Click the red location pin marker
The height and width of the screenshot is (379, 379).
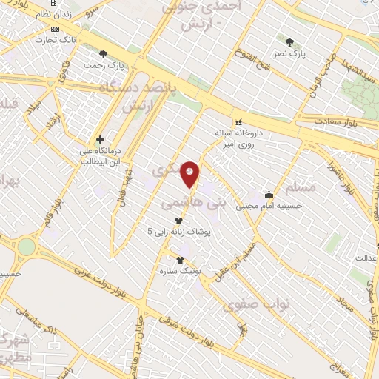click(x=190, y=174)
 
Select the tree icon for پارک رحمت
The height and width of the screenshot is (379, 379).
click(x=103, y=53)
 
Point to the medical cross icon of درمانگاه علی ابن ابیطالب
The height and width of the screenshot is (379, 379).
click(x=100, y=138)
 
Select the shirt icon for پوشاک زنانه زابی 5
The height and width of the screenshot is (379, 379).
click(x=178, y=221)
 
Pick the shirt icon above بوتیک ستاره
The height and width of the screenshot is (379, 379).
click(x=180, y=260)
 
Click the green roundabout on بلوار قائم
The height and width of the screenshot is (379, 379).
click(x=27, y=247)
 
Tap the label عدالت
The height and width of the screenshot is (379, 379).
click(x=367, y=258)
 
